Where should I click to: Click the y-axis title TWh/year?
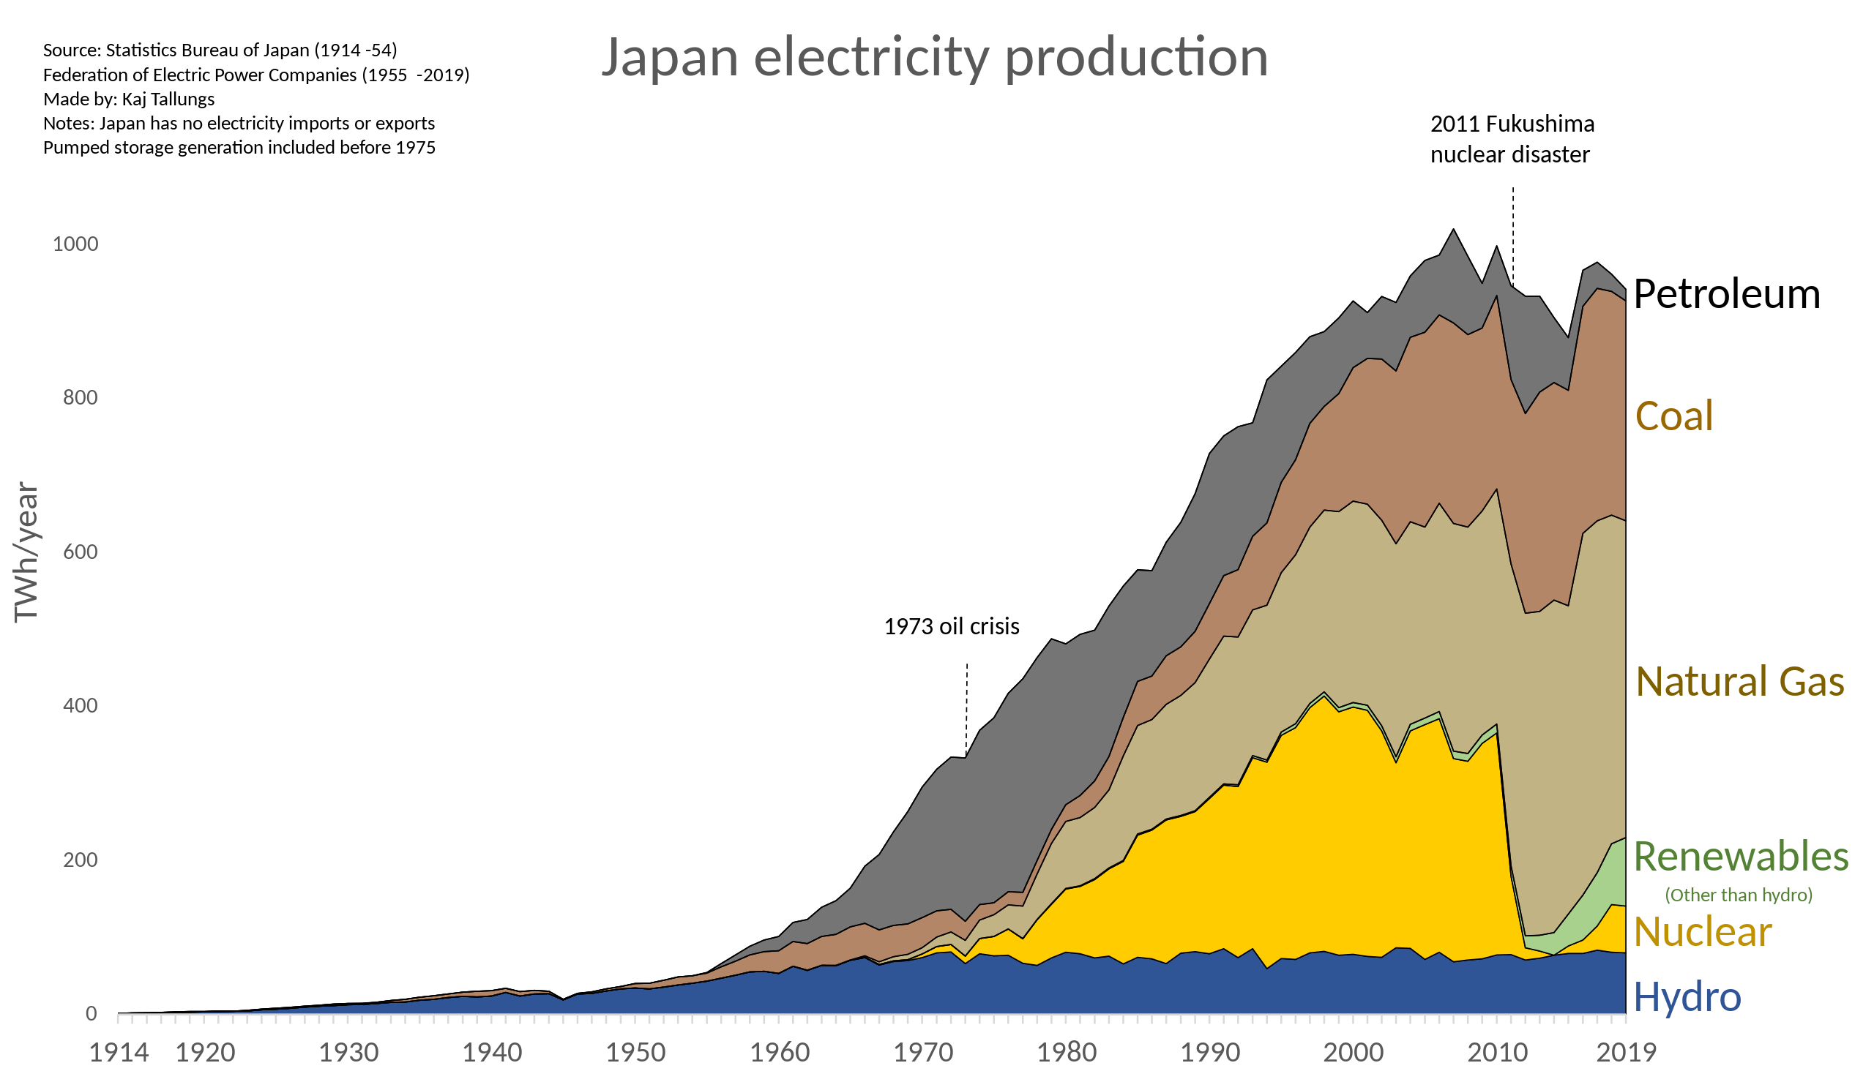[x=26, y=552]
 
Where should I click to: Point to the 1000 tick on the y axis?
[x=75, y=244]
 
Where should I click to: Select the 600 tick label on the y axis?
[x=81, y=552]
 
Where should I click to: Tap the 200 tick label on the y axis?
[x=81, y=860]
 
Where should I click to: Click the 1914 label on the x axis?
[x=119, y=1052]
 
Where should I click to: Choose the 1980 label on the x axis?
[x=1066, y=1052]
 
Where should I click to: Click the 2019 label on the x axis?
[x=1627, y=1052]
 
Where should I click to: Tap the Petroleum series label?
[x=1726, y=293]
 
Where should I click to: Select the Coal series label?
[x=1674, y=416]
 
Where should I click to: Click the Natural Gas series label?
[x=1739, y=681]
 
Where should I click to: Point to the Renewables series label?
[x=1741, y=856]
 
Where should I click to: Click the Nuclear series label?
[x=1702, y=931]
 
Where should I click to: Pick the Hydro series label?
[x=1687, y=996]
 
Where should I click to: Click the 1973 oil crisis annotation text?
[x=952, y=626]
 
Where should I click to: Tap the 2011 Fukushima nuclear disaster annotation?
[x=1511, y=139]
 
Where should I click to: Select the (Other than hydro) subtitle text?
[x=1738, y=895]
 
